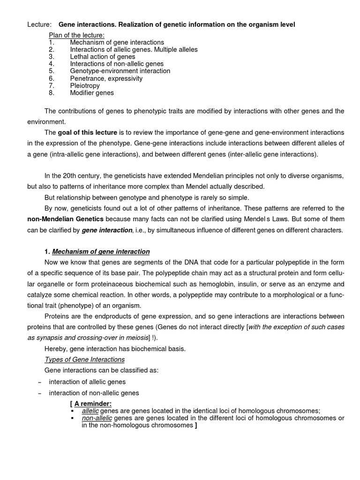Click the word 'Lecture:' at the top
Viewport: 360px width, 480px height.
point(38,24)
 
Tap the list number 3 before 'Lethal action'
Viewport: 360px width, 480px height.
point(51,57)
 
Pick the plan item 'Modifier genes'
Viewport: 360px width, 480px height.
point(92,93)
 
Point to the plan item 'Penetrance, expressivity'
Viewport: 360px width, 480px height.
point(106,78)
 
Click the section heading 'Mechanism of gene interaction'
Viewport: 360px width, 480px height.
point(101,252)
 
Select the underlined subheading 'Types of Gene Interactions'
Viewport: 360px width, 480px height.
point(84,360)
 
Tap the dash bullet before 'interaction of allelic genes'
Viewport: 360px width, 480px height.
point(39,382)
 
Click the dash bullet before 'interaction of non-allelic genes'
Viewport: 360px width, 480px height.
point(39,393)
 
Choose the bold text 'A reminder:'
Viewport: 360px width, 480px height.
point(91,404)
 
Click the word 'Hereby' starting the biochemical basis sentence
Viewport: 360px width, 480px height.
point(55,349)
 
